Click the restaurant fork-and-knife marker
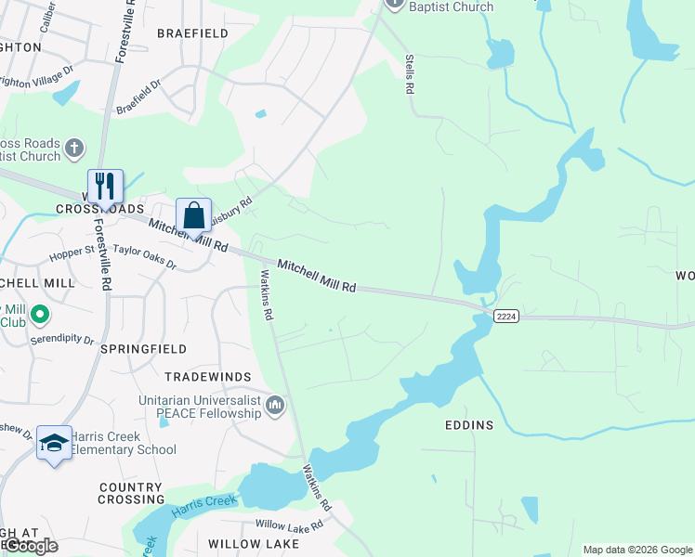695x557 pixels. tap(105, 186)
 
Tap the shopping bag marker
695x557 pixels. tap(193, 216)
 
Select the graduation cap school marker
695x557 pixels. tap(54, 443)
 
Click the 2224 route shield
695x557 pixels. tap(506, 317)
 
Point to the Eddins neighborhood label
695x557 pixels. tap(469, 425)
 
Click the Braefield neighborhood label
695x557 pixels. tap(192, 33)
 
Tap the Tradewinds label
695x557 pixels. tap(208, 376)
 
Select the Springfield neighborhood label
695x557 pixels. tap(143, 349)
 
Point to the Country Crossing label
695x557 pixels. tap(130, 493)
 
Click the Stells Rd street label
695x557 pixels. tap(408, 74)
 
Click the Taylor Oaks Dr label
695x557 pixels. tap(144, 257)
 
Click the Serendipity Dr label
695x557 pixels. tap(63, 341)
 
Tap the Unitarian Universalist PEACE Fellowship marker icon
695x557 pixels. tap(275, 406)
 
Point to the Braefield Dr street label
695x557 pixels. tap(138, 96)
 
